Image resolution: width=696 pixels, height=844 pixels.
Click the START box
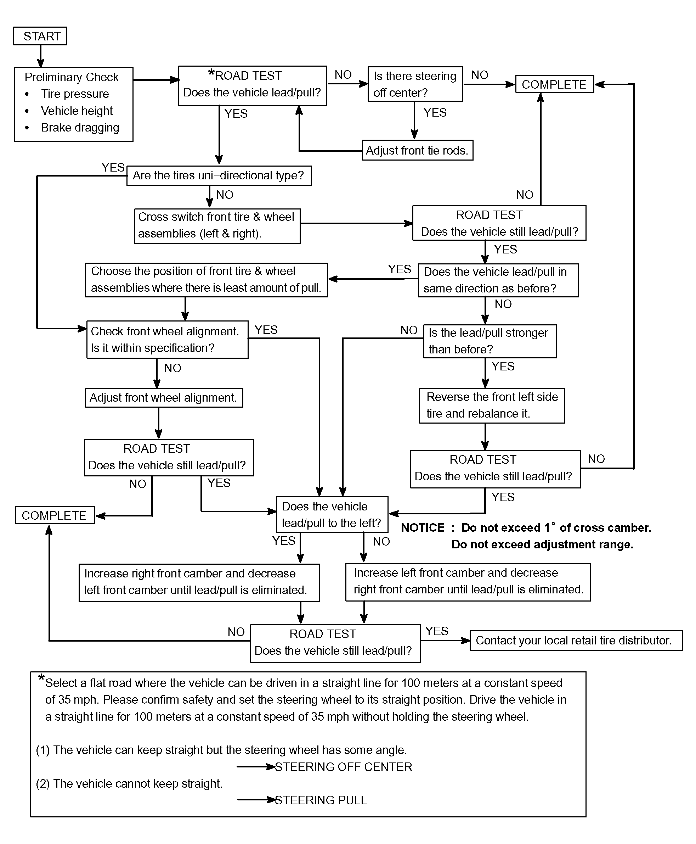40,36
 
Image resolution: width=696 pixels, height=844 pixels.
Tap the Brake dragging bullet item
80,128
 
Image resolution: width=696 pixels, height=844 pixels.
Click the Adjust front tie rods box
417,150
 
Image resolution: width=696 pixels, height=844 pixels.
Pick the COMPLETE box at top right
554,84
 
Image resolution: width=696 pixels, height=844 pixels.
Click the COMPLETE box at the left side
55,515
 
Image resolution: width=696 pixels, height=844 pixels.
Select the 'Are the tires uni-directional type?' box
219,176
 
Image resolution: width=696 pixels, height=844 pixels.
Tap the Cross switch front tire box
217,226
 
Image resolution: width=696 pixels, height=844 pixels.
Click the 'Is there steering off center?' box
415,84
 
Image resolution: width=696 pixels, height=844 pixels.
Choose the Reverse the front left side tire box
492,406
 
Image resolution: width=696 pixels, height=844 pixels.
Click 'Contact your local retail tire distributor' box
576,641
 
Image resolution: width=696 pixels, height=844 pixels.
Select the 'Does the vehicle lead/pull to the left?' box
332,515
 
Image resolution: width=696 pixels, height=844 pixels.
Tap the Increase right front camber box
199,583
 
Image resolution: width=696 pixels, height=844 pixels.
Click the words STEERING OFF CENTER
344,767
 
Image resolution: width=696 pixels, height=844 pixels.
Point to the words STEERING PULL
321,800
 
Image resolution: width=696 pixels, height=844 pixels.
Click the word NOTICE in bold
423,527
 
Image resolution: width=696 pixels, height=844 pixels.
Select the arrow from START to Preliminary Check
40,56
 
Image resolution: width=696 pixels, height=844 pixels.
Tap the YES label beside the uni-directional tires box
113,167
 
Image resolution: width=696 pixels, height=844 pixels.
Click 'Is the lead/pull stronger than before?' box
490,341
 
